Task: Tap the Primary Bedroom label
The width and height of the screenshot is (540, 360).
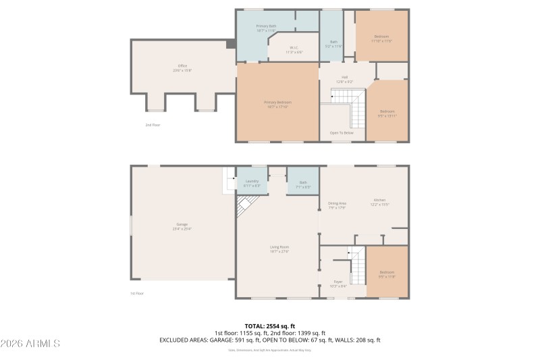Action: click(277, 104)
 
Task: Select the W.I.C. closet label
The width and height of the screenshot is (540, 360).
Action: click(294, 49)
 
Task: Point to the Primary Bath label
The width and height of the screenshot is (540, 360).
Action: click(266, 28)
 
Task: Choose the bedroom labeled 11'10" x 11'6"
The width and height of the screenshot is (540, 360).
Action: click(381, 38)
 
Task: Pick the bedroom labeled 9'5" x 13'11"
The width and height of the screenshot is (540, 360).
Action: click(387, 113)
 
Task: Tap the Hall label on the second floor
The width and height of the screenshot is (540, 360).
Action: click(344, 79)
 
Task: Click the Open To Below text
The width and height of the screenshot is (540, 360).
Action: click(342, 132)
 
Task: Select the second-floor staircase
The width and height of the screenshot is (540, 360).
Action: click(348, 105)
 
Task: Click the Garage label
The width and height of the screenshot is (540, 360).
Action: click(182, 226)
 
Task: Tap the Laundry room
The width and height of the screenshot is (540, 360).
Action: click(252, 183)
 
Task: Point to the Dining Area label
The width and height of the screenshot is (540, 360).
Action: click(337, 205)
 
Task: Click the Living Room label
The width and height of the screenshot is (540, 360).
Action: click(279, 249)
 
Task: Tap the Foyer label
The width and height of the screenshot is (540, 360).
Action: click(338, 283)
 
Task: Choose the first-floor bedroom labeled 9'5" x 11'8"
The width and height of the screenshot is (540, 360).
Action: click(387, 274)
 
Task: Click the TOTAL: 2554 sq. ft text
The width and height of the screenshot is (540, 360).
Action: click(270, 326)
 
